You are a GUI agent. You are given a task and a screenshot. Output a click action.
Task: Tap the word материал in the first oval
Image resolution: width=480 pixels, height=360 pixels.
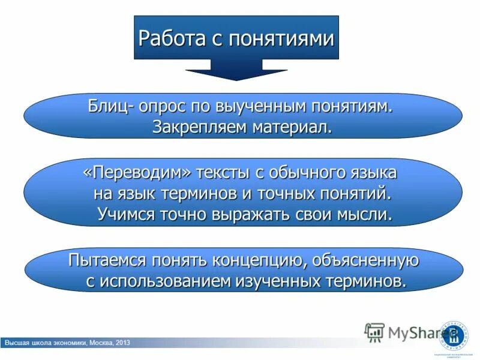pyautogui.click(x=291, y=127)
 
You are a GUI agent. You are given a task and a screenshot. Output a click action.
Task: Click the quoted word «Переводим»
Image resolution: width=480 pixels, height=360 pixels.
pyautogui.click(x=140, y=173)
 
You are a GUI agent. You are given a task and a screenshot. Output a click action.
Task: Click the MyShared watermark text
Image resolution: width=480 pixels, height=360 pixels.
pyautogui.click(x=414, y=332)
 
